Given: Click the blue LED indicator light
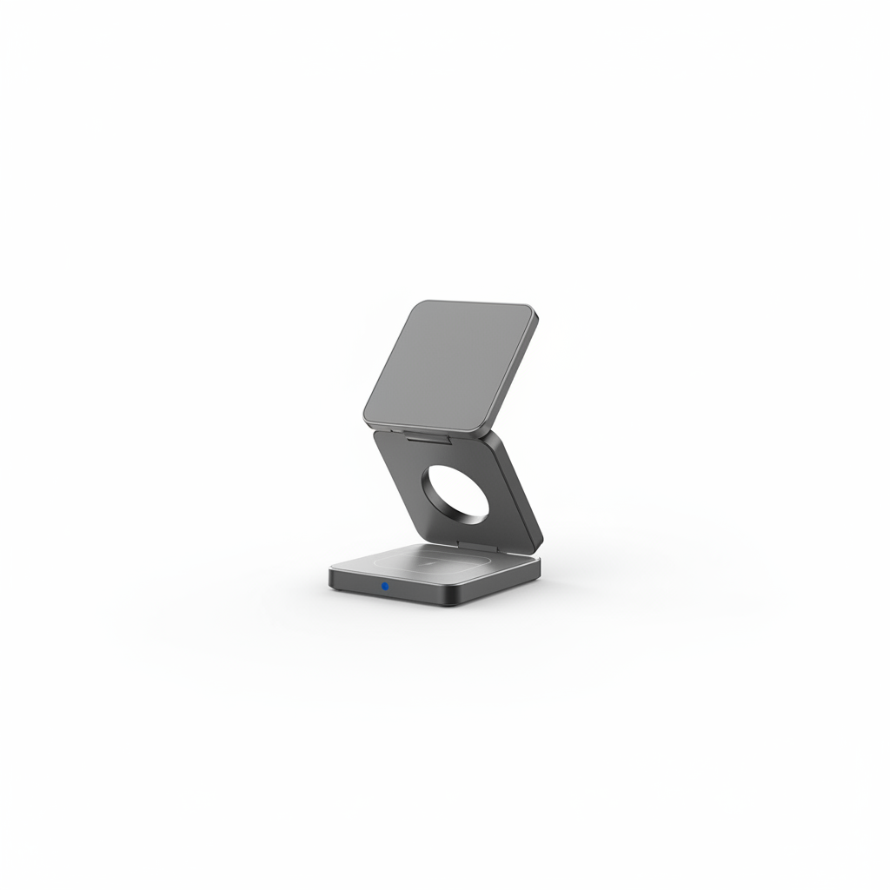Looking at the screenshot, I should point(384,587).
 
